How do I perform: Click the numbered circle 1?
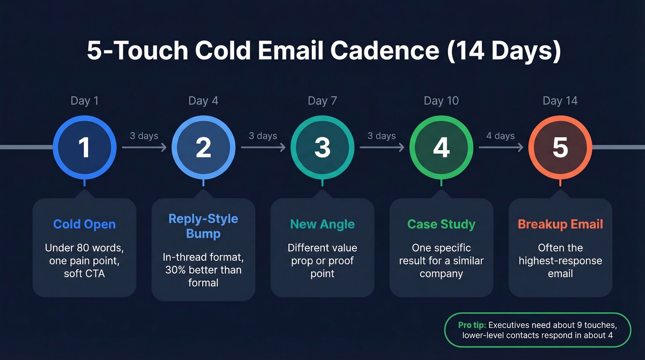(x=84, y=148)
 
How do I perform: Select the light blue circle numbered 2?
(x=203, y=148)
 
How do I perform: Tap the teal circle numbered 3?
(x=322, y=148)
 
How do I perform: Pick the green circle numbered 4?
(x=441, y=148)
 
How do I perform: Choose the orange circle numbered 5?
(x=560, y=148)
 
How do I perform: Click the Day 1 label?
(x=84, y=101)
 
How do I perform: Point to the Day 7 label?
(x=322, y=101)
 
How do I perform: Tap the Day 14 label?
(x=560, y=101)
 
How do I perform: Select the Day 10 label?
(x=441, y=101)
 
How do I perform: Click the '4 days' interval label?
(x=500, y=136)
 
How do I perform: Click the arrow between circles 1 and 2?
(x=144, y=148)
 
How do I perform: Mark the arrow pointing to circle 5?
(x=501, y=148)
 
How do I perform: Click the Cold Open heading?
(x=84, y=224)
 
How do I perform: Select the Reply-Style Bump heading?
(x=203, y=226)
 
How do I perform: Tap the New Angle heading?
(x=322, y=224)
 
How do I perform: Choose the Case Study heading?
(x=441, y=224)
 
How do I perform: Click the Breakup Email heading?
(x=560, y=224)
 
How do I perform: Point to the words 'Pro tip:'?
(x=472, y=325)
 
